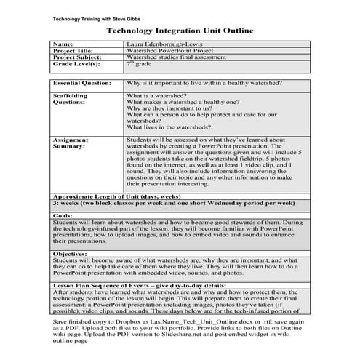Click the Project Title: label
click(76, 52)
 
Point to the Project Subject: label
click(80, 58)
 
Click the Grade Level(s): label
click(79, 65)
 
